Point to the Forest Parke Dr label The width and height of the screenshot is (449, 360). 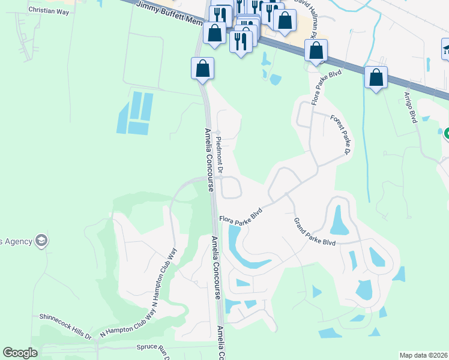tap(340, 135)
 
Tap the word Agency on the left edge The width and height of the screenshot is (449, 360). tap(16, 241)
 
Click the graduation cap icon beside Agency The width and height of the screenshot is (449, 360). tap(41, 241)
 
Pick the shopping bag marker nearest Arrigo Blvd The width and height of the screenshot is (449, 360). tap(376, 78)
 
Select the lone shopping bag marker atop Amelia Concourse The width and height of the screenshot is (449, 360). tap(203, 67)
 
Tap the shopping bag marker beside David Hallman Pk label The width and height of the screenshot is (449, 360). tap(285, 19)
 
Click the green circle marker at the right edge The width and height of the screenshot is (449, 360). tap(446, 133)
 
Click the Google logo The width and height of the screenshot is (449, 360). tap(20, 353)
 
